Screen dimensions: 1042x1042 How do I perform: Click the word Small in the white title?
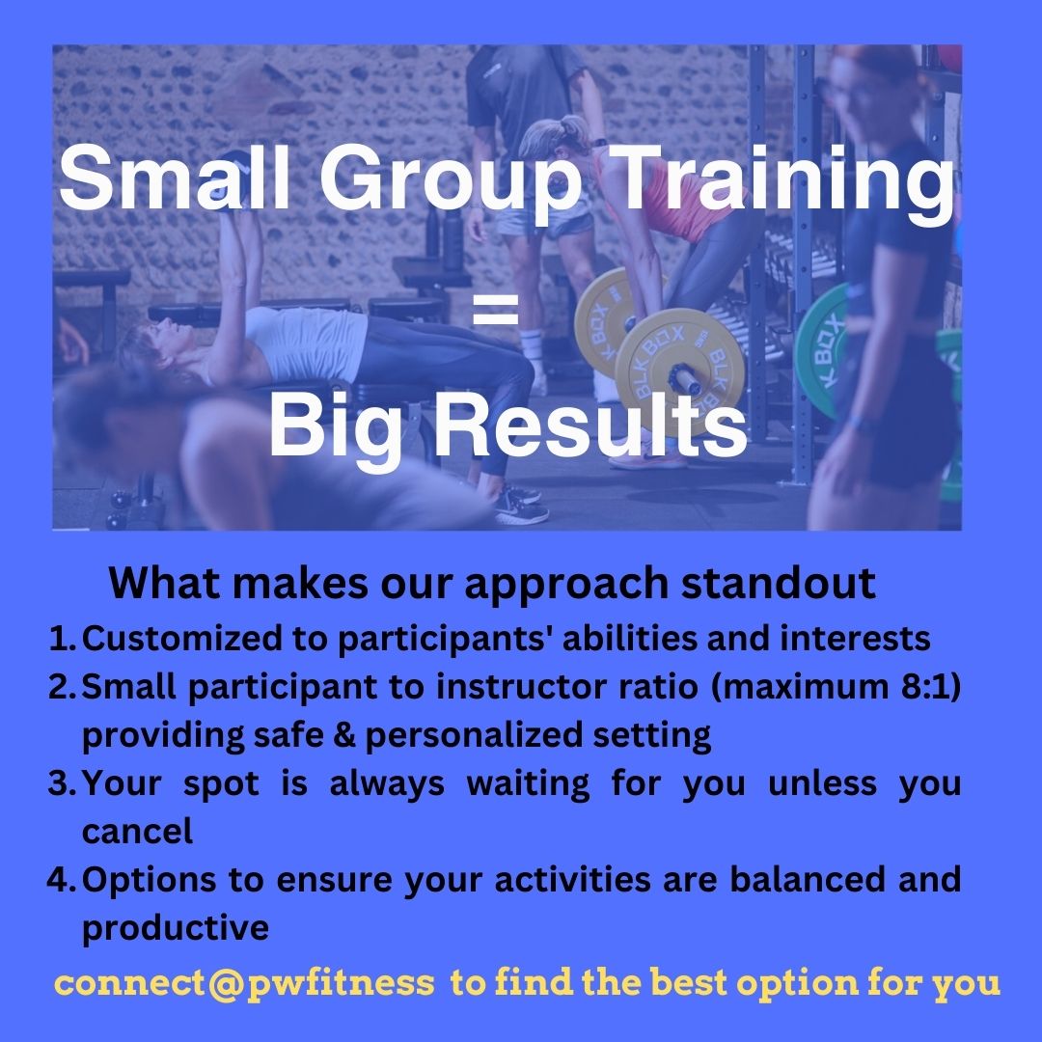tap(175, 178)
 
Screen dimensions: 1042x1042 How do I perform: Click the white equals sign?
tap(495, 310)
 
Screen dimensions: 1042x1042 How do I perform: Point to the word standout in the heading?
tap(779, 583)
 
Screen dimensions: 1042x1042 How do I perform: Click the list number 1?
tap(63, 639)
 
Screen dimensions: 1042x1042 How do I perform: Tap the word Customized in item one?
tap(181, 639)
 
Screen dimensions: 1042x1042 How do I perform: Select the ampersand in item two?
tap(344, 735)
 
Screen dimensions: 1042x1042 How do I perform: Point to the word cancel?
tap(138, 832)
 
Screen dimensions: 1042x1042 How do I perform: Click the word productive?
tap(176, 928)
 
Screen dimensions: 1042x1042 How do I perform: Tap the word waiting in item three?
tap(528, 784)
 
